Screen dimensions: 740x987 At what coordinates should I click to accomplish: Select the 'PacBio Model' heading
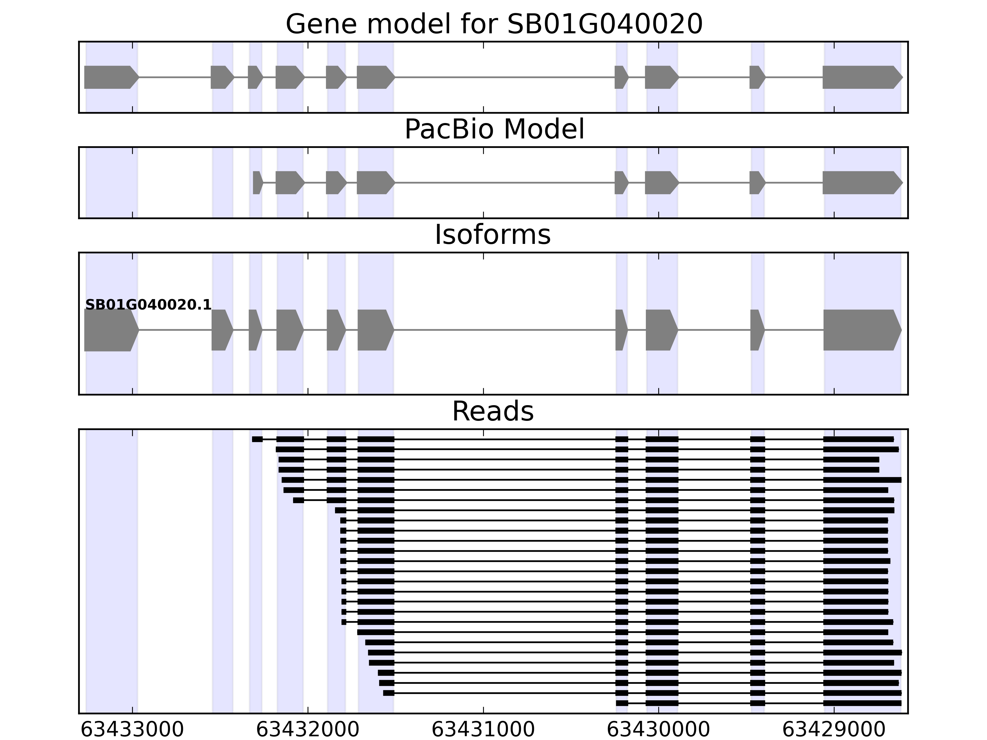pyautogui.click(x=493, y=130)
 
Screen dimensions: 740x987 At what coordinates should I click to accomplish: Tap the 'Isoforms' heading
pyautogui.click(x=493, y=235)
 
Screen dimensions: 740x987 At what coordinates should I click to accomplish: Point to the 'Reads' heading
pyautogui.click(x=493, y=411)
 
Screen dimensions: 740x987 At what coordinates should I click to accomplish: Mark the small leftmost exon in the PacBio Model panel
pyautogui.click(x=257, y=183)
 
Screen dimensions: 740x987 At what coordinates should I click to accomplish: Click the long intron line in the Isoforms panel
pyautogui.click(x=504, y=330)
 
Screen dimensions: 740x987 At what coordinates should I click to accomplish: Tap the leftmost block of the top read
pyautogui.click(x=257, y=439)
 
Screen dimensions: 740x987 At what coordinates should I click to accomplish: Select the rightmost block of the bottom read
pyautogui.click(x=862, y=703)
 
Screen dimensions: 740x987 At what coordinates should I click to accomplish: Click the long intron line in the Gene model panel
pyautogui.click(x=504, y=77)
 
